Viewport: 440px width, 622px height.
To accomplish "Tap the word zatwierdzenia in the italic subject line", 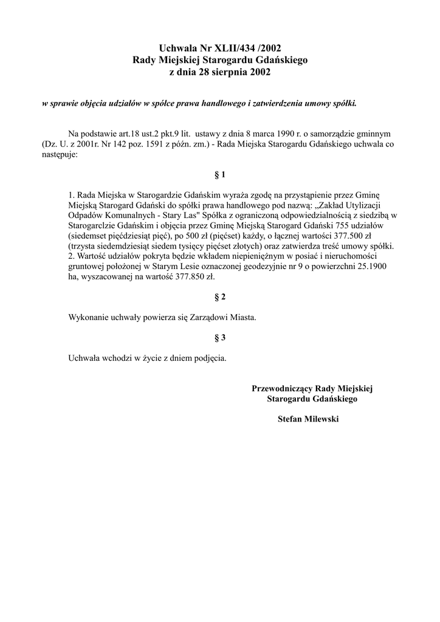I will (275, 103).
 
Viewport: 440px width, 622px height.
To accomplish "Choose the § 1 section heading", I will (220, 175).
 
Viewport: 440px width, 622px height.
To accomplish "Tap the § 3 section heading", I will (220, 337).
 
